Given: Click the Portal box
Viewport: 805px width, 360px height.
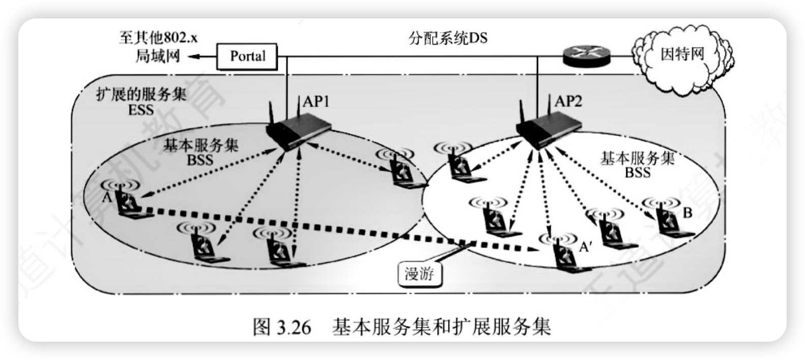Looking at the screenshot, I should pyautogui.click(x=247, y=55).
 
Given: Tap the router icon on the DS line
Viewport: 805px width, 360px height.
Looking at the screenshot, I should pyautogui.click(x=586, y=54).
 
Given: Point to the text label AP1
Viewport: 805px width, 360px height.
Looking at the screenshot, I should pyautogui.click(x=316, y=102).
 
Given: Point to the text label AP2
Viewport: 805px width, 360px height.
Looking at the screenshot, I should pyautogui.click(x=567, y=102).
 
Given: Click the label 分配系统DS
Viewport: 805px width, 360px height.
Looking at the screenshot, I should pyautogui.click(x=448, y=39).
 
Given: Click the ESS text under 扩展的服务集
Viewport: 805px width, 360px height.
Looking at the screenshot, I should pyautogui.click(x=141, y=109).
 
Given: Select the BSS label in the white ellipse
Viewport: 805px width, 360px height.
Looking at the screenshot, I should pyautogui.click(x=637, y=172).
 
